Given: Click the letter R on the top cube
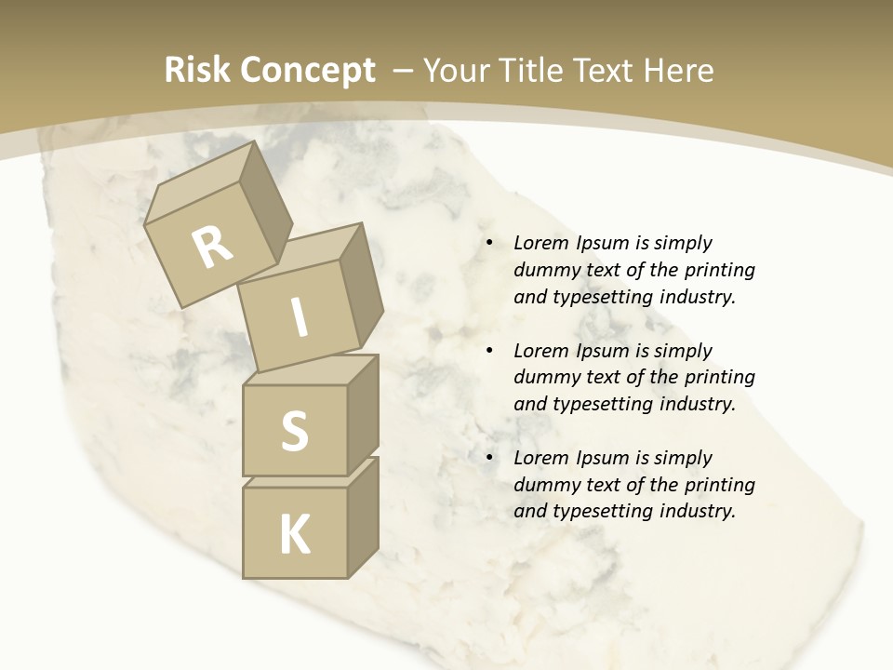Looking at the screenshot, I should [213, 248].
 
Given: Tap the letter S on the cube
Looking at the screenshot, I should [294, 432].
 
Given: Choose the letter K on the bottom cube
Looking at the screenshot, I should [294, 534].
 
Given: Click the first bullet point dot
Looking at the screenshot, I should [489, 244].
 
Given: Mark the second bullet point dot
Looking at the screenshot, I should [489, 352].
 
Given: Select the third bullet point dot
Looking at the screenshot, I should [489, 459].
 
